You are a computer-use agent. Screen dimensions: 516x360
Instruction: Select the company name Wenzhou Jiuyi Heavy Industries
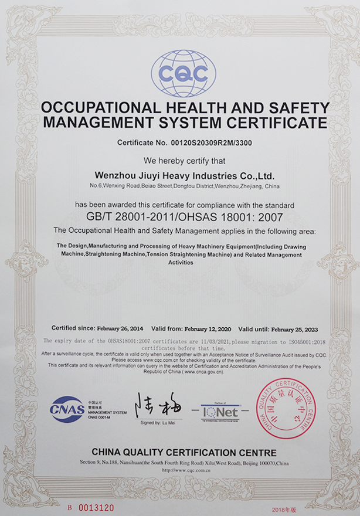pyautogui.click(x=184, y=175)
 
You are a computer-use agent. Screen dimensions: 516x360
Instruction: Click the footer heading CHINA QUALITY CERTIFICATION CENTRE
pyautogui.click(x=184, y=453)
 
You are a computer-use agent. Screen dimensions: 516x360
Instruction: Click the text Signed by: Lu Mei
pyautogui.click(x=159, y=422)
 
